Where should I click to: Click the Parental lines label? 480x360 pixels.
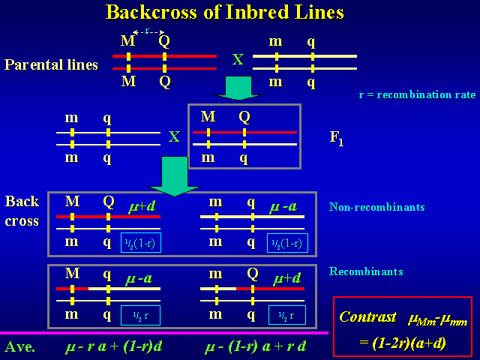[x=51, y=64]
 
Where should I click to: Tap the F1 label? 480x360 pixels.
[x=337, y=139]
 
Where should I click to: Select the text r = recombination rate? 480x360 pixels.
[x=418, y=95]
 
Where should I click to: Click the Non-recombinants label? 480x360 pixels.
[x=377, y=207]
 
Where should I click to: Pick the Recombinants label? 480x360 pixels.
[x=366, y=271]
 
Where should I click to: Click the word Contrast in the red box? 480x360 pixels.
[x=367, y=316]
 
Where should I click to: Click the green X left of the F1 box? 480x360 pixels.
[x=174, y=137]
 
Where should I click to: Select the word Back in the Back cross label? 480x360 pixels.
[x=22, y=202]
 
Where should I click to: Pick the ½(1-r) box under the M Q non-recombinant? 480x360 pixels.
[x=141, y=243]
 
